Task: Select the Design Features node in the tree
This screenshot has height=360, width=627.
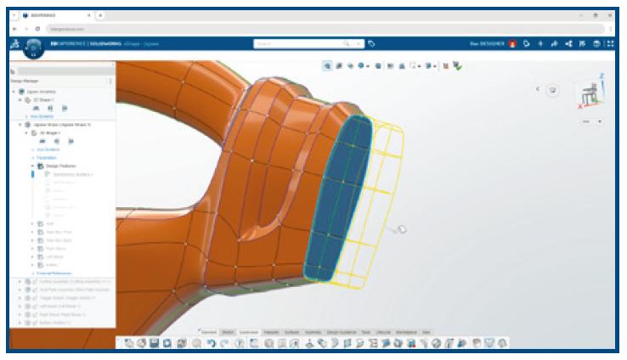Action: pos(61,166)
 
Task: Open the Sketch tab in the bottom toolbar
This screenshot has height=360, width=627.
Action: pos(228,331)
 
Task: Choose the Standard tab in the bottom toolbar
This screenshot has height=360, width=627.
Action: pos(208,331)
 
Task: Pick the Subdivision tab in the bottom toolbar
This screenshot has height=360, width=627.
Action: pos(248,331)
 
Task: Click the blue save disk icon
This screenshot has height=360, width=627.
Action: pos(155,343)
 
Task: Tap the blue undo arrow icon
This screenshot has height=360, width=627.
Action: pos(211,343)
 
